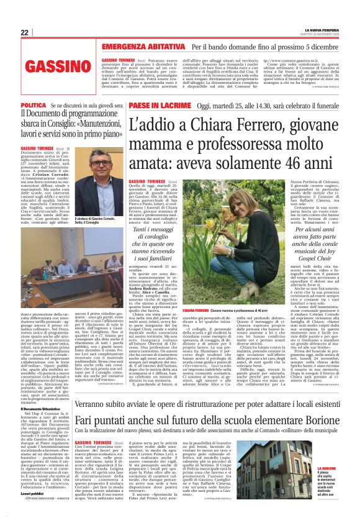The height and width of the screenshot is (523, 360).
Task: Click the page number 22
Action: coord(25,32)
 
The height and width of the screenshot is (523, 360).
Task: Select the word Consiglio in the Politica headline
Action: coord(71,123)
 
